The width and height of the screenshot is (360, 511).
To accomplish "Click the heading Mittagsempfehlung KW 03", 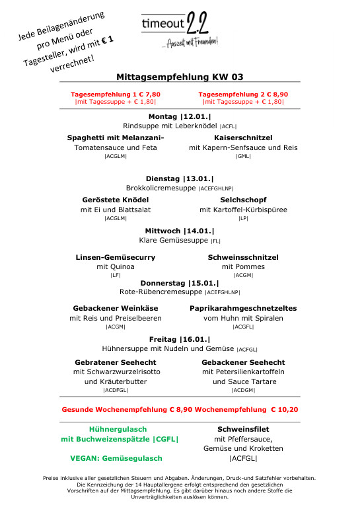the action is (180, 77).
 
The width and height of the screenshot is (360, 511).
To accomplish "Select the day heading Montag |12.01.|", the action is (180, 116).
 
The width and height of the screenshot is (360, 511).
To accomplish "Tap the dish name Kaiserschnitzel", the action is (243, 138).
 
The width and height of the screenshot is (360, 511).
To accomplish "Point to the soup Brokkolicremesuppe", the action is (161, 188).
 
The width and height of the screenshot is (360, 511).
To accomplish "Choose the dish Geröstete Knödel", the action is (116, 200).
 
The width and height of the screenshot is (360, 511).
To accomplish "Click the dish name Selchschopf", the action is (243, 200).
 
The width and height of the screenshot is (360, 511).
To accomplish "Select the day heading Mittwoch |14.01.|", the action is (180, 231).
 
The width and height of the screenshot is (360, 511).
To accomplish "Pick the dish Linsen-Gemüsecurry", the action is (116, 256).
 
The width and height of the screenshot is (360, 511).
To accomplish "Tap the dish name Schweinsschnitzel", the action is (243, 256).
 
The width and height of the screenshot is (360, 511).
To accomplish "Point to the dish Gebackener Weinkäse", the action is (116, 308).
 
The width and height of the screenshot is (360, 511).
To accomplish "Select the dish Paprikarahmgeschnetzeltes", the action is (243, 308).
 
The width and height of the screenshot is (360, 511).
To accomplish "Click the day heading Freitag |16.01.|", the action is (180, 338).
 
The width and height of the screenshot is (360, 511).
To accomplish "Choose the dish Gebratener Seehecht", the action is (116, 362).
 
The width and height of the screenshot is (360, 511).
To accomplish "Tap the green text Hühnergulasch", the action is (118, 429).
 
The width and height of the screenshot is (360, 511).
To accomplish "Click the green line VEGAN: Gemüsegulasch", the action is (116, 458).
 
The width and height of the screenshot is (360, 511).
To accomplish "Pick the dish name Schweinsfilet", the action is (243, 429).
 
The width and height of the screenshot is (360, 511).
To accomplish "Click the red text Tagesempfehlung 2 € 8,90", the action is (243, 94).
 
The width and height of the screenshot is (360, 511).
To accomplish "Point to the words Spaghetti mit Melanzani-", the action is (116, 138).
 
